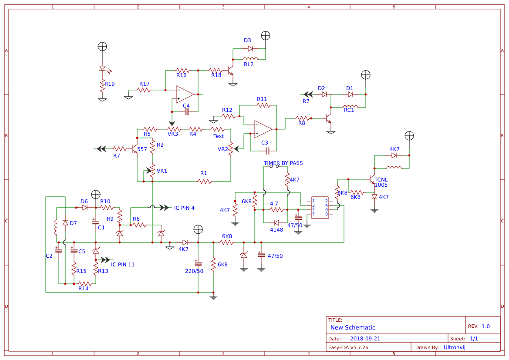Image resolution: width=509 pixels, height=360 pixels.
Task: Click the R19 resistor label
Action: pos(109,84)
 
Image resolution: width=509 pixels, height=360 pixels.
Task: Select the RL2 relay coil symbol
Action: pos(250,59)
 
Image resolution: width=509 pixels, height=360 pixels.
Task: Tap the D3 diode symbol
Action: pos(250,49)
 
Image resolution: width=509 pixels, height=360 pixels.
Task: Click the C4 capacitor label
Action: pos(186,106)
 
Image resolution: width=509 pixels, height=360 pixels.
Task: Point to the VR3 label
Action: pos(173,134)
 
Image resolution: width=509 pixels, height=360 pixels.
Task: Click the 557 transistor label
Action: pos(142,149)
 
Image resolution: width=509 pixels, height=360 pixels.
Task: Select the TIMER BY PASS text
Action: pos(283,163)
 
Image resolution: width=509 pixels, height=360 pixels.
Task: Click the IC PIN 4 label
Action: pos(184,208)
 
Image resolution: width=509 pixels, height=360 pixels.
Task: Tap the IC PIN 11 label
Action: pos(123,265)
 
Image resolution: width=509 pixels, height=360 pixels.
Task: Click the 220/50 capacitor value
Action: pos(194,271)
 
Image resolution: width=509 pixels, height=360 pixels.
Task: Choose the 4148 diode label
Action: pos(276,230)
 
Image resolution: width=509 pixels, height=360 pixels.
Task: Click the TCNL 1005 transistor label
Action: pos(381,182)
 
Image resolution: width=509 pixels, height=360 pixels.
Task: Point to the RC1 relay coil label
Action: pos(349,110)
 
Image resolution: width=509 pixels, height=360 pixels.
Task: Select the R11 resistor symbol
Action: pos(262,105)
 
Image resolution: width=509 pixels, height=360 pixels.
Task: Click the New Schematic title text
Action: pos(353,328)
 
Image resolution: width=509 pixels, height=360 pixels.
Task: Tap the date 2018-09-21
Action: pos(365,339)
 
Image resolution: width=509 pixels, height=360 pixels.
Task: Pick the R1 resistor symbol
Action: pos(204,182)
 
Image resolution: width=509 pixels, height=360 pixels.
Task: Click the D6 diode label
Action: pos(84,202)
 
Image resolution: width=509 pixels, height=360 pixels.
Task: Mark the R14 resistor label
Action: pos(83,289)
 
